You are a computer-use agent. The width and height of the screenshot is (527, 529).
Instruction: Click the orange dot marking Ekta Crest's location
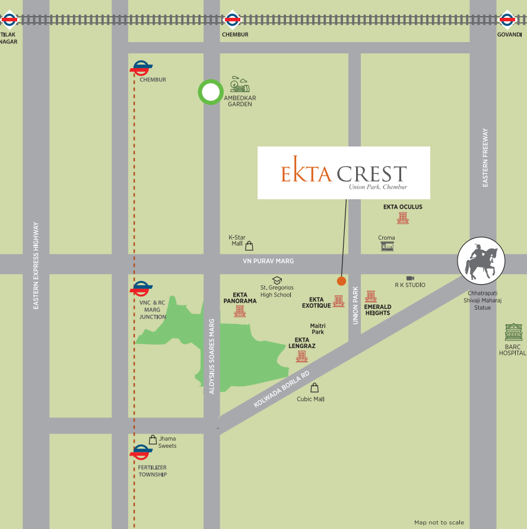[x=341, y=281]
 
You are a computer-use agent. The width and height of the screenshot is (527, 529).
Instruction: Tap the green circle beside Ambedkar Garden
[x=210, y=93]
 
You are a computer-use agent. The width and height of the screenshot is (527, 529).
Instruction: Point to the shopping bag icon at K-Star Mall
[x=249, y=245]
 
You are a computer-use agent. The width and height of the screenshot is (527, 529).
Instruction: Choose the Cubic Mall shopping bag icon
[x=315, y=388]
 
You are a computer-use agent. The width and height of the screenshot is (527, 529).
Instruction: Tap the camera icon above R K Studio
[x=410, y=278]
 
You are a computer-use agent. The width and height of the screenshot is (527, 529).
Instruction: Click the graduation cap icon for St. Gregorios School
[x=277, y=280]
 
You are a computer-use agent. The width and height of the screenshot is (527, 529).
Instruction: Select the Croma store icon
[x=387, y=246]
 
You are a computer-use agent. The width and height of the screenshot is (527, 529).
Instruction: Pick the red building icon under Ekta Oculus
[x=403, y=218]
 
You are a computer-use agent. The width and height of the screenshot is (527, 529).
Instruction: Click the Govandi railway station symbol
[x=507, y=20]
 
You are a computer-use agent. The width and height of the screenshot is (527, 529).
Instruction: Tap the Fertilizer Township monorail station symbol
[x=141, y=454]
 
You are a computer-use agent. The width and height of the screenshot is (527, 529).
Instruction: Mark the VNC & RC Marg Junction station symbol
[x=141, y=290]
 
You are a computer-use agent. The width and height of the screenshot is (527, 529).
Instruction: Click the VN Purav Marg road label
[x=268, y=261]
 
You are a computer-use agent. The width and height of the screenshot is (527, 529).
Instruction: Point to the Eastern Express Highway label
[x=36, y=265]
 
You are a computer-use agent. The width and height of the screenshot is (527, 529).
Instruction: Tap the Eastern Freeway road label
[x=485, y=158]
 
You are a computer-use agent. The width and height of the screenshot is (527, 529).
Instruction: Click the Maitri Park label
[x=318, y=329]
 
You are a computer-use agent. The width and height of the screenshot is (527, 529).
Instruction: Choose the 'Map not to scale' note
[x=439, y=522]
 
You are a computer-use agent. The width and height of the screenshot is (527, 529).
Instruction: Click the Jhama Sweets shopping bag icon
[x=153, y=440]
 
